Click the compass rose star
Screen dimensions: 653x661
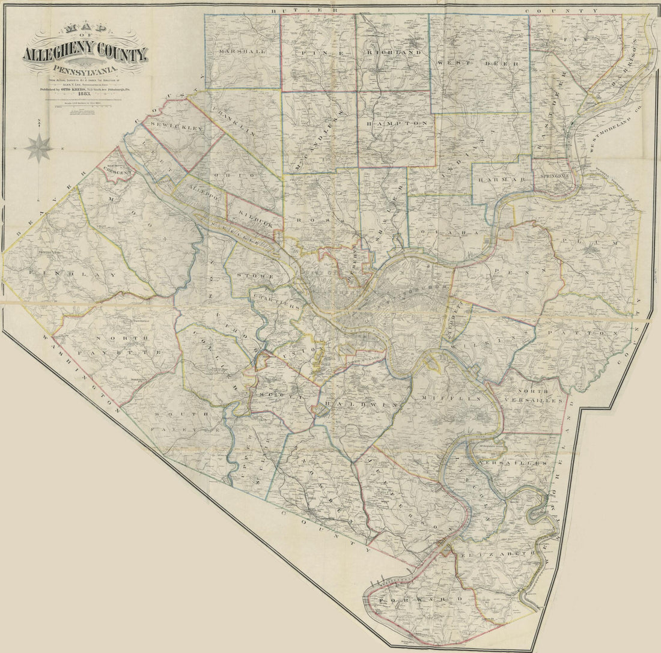[x=39, y=148]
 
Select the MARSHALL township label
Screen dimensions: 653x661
[x=242, y=52]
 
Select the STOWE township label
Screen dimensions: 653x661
[x=255, y=276]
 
